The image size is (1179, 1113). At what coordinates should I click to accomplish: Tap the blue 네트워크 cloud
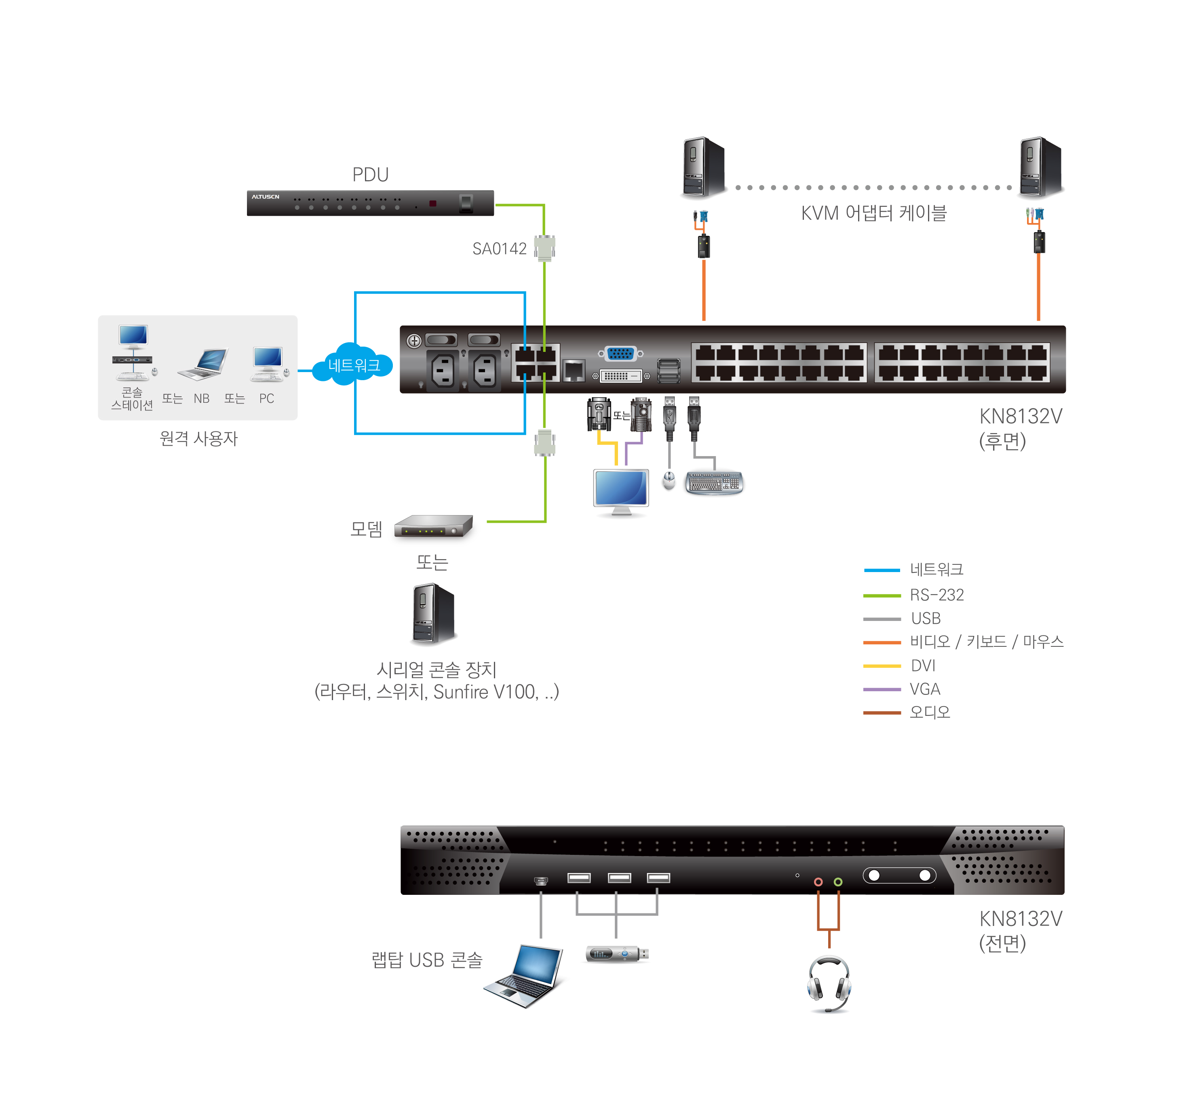(353, 364)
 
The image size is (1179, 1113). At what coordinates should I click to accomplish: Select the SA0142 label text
(499, 248)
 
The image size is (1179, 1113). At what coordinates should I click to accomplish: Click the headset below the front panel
(829, 983)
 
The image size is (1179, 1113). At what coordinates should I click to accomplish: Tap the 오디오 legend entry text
(929, 712)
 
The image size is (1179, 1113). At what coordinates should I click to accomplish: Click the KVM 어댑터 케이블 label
(873, 213)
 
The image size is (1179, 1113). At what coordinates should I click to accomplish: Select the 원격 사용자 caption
(198, 438)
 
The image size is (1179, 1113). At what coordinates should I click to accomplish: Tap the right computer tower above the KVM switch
(1040, 167)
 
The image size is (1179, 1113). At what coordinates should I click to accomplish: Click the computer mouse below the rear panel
(669, 480)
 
